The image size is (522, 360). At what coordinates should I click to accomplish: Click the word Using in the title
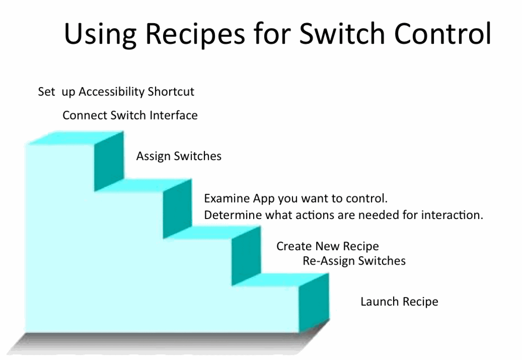pyautogui.click(x=100, y=35)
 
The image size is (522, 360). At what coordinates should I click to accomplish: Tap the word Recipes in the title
pyautogui.click(x=195, y=35)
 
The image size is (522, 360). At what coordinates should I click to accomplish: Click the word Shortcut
pyautogui.click(x=171, y=91)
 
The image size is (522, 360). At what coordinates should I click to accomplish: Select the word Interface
pyautogui.click(x=174, y=115)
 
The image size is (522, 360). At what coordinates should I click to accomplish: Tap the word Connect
pyautogui.click(x=85, y=115)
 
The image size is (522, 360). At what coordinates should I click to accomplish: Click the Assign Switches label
pyautogui.click(x=179, y=156)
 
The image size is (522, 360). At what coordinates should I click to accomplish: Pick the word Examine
pyautogui.click(x=227, y=198)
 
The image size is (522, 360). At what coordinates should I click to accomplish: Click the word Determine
pyautogui.click(x=233, y=215)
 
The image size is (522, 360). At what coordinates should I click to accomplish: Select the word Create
pyautogui.click(x=294, y=246)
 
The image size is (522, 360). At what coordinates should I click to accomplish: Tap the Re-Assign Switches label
pyautogui.click(x=354, y=261)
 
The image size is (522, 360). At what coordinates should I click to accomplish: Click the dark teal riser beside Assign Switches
pyautogui.click(x=109, y=161)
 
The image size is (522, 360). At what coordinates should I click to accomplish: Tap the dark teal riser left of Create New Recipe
pyautogui.click(x=246, y=256)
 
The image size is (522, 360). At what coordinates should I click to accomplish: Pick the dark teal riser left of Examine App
pyautogui.click(x=177, y=209)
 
